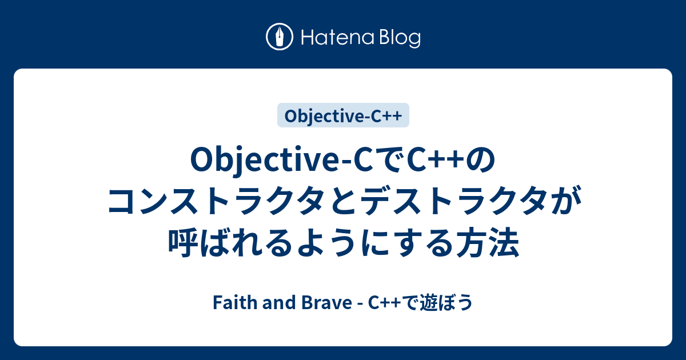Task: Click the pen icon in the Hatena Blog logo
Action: tap(280, 38)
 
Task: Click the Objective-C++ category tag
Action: tap(343, 115)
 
